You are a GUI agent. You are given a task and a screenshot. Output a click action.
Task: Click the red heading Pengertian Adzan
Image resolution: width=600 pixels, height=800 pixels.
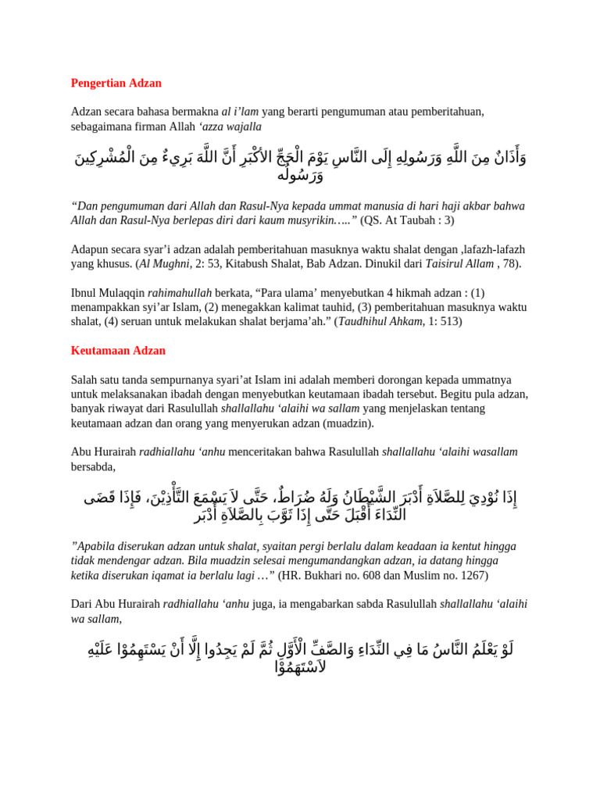tap(116, 83)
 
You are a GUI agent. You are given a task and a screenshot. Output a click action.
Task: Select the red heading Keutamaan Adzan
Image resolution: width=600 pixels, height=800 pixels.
tap(118, 351)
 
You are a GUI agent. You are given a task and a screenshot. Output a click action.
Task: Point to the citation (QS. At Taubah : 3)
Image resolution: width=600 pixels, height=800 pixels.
tap(407, 220)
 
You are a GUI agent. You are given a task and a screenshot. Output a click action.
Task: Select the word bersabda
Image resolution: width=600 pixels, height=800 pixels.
tap(92, 466)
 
